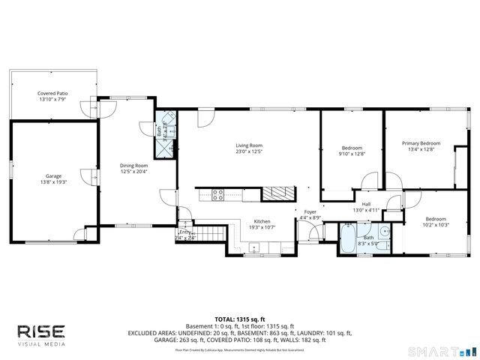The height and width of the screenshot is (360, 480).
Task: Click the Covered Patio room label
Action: [x=52, y=94]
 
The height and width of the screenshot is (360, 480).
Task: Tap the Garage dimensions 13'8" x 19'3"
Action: [x=53, y=181]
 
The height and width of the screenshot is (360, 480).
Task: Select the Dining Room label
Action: [x=134, y=165]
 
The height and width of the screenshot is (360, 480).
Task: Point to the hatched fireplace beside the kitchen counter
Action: [x=274, y=194]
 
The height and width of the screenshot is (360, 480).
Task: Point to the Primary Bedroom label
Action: [x=421, y=142]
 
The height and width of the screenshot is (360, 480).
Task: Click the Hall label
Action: [x=366, y=204]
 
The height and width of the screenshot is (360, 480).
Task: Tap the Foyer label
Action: [x=310, y=212]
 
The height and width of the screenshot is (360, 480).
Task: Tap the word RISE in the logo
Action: [x=42, y=331]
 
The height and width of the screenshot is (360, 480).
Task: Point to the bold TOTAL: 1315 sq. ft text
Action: [x=240, y=319]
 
